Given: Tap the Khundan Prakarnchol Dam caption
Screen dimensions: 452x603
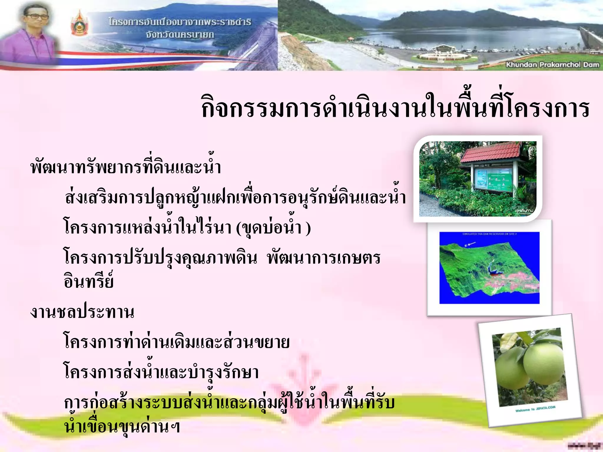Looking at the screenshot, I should point(552,64).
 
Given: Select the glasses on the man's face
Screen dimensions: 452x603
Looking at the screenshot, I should point(36,16).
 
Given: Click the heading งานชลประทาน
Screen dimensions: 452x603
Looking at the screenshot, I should point(82,312).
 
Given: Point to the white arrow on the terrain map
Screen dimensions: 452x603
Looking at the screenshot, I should point(471,244).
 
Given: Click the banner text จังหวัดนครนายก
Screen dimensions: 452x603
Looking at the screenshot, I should point(180,35).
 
